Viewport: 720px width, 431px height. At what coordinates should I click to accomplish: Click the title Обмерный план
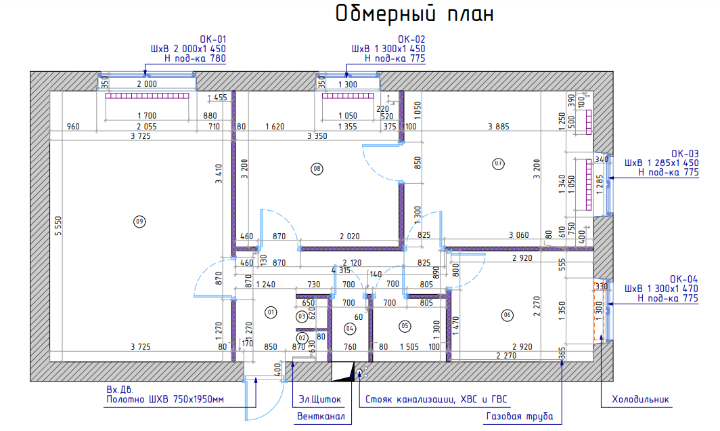pyautogui.click(x=415, y=14)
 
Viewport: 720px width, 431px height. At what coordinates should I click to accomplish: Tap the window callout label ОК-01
pyautogui.click(x=212, y=39)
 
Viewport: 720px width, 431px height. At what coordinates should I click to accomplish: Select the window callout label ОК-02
pyautogui.click(x=411, y=39)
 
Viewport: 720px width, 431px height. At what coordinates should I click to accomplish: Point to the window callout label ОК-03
pyautogui.click(x=685, y=153)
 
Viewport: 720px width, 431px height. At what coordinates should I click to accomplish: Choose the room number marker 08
pyautogui.click(x=315, y=167)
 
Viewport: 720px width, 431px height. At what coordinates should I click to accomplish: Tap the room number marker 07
pyautogui.click(x=498, y=163)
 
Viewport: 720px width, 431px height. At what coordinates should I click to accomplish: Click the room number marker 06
pyautogui.click(x=507, y=314)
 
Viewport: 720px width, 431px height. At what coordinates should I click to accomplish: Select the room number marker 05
pyautogui.click(x=405, y=325)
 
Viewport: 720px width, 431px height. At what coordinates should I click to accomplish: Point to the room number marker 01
pyautogui.click(x=271, y=312)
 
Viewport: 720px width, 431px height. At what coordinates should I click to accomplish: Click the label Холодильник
pyautogui.click(x=640, y=399)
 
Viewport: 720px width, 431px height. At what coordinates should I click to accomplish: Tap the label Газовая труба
pyautogui.click(x=519, y=416)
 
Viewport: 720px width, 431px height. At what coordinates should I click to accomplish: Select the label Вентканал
pyautogui.click(x=321, y=416)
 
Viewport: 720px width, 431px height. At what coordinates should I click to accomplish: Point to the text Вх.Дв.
pyautogui.click(x=120, y=390)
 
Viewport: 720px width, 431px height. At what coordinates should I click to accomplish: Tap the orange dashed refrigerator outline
pyautogui.click(x=599, y=310)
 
